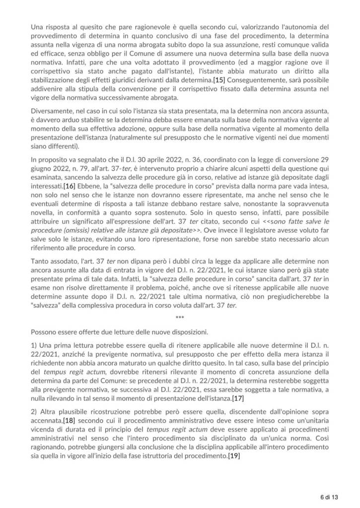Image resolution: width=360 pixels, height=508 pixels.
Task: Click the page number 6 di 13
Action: coord(329,496)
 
